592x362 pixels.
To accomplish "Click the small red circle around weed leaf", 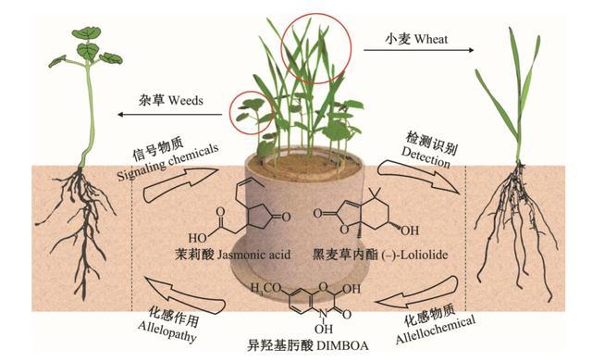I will (252, 112).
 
